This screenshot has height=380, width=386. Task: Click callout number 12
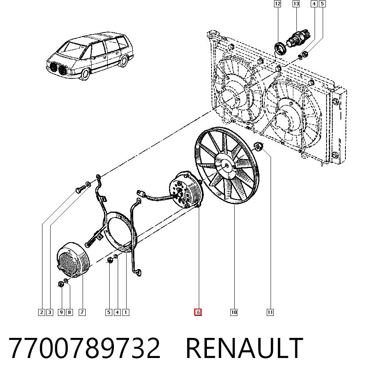[278, 4]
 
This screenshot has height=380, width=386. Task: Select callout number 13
[296, 4]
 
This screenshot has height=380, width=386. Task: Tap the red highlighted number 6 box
[198, 312]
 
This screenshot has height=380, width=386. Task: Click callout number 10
[234, 312]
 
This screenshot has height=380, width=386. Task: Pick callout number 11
[270, 312]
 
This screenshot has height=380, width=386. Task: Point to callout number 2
[42, 312]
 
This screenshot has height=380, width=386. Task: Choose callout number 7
[82, 312]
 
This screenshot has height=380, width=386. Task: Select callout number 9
[61, 312]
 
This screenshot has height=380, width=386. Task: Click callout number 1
[125, 312]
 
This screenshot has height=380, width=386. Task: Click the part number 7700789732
[85, 348]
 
